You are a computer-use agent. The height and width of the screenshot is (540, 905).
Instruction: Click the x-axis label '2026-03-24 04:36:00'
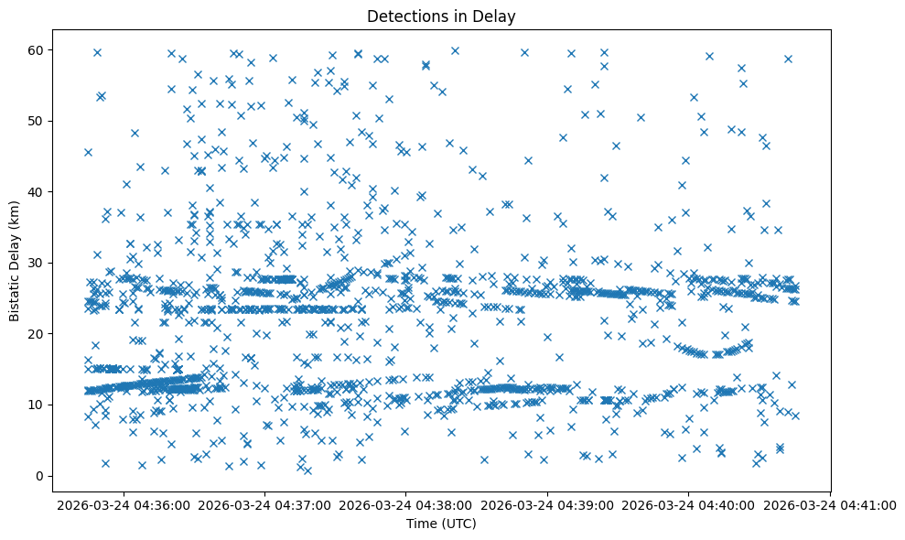pyautogui.click(x=123, y=504)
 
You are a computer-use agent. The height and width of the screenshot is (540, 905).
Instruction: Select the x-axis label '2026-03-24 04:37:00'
pyautogui.click(x=264, y=504)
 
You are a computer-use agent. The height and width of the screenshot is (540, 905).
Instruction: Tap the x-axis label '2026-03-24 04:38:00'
pyautogui.click(x=406, y=504)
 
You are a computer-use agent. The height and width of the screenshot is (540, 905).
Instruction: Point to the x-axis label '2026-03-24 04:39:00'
pyautogui.click(x=547, y=504)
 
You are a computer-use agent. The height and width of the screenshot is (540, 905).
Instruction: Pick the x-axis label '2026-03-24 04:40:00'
pyautogui.click(x=689, y=504)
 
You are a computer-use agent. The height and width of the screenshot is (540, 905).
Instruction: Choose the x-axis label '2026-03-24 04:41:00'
pyautogui.click(x=831, y=504)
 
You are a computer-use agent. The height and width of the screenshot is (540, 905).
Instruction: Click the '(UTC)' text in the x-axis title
pyautogui.click(x=459, y=524)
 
